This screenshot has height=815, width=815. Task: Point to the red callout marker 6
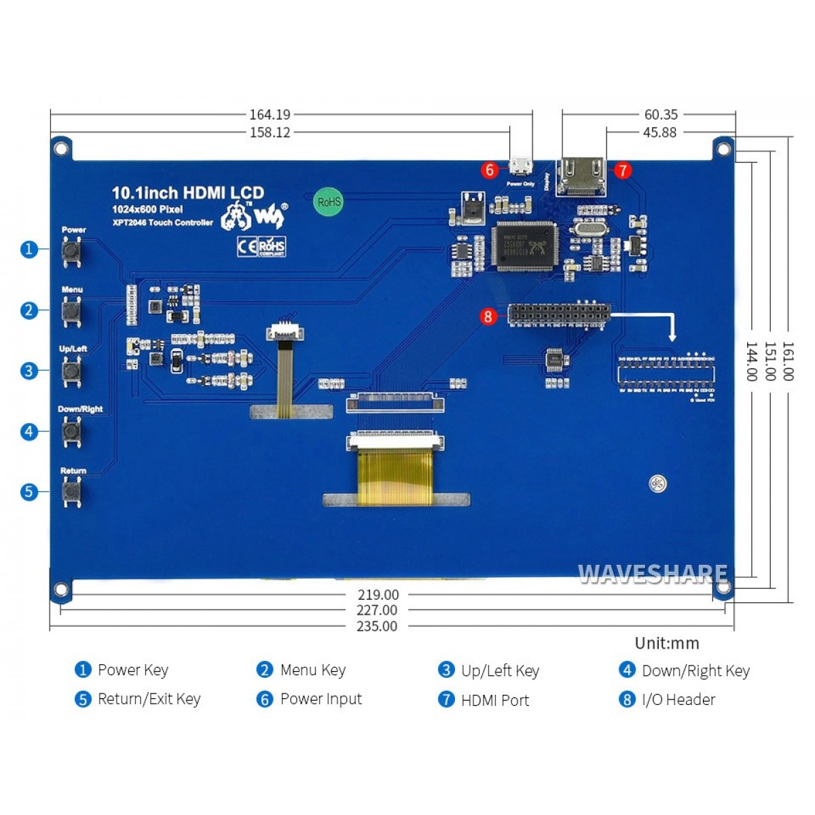[489, 169]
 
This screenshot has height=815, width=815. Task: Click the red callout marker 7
[622, 170]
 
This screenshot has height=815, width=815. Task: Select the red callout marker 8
[488, 316]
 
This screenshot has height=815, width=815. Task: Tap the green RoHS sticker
[329, 202]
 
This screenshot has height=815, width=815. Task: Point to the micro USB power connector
[522, 167]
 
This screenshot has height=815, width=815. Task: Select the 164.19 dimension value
[270, 115]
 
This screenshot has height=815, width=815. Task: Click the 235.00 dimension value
[377, 626]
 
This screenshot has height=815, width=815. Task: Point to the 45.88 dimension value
[659, 132]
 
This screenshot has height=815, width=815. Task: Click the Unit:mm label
[666, 643]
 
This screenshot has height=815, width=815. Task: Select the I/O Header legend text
[678, 700]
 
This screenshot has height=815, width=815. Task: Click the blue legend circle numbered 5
[83, 700]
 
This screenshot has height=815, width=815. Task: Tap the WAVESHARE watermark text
[652, 575]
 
